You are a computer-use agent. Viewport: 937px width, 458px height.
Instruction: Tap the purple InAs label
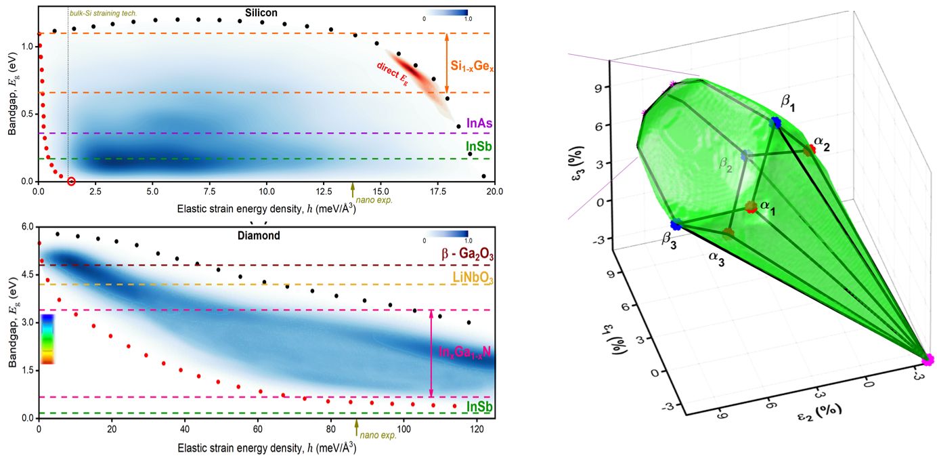point(478,124)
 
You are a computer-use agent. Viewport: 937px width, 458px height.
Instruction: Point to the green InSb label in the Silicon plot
point(478,147)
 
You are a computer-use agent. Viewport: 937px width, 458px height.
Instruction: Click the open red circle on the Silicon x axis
point(72,181)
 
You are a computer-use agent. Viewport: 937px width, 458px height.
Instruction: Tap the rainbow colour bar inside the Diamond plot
point(47,339)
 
